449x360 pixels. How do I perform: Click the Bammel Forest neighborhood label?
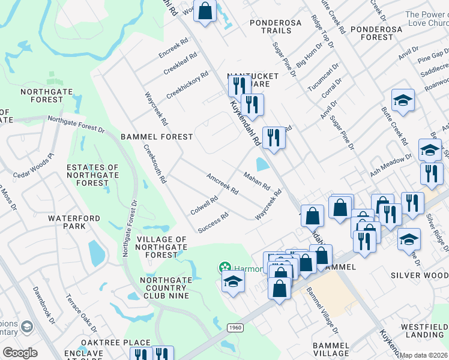pos(157,137)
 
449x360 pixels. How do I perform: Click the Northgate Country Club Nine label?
pos(164,287)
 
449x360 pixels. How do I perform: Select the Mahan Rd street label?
pos(257,180)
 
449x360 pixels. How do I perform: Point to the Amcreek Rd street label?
pos(223,184)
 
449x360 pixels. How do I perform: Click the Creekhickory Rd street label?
pos(187,85)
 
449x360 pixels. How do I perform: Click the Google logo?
pos(20,353)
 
